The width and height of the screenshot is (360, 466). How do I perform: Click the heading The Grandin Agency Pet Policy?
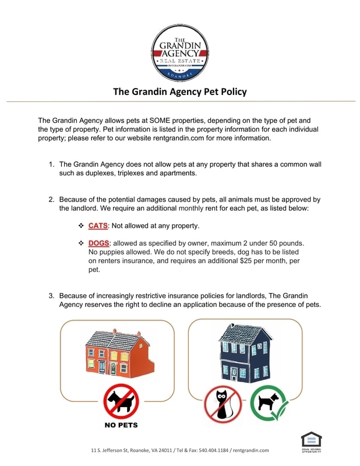coord(179,91)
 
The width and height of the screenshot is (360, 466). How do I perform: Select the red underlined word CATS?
coord(98,225)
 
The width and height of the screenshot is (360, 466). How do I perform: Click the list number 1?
coord(51,164)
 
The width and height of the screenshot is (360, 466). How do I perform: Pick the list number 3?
coord(51,295)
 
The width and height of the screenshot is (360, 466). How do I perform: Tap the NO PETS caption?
coord(121,425)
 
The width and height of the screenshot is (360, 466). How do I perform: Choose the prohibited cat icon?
coord(222,404)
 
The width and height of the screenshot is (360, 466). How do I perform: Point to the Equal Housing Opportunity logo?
coord(310,442)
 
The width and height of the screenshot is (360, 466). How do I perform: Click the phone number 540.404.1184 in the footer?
coord(216,450)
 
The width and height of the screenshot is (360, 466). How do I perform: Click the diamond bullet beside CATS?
coord(81,225)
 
